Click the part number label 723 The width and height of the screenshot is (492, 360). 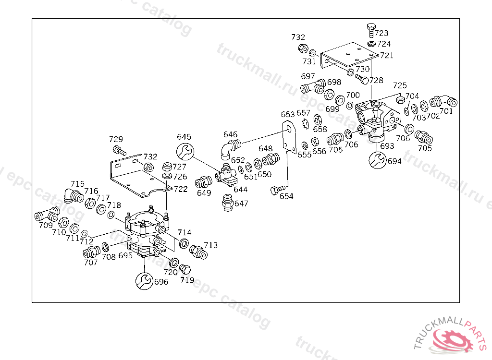[x=381, y=33]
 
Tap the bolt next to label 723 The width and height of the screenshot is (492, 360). [x=370, y=30]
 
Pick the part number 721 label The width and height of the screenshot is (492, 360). [x=386, y=55]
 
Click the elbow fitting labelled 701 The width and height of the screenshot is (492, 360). [x=443, y=102]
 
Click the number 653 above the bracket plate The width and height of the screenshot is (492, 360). [x=288, y=114]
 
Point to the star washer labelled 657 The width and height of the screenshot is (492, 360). [x=304, y=123]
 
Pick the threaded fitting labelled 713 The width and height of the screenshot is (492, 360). [x=198, y=252]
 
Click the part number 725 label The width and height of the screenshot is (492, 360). [x=400, y=85]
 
